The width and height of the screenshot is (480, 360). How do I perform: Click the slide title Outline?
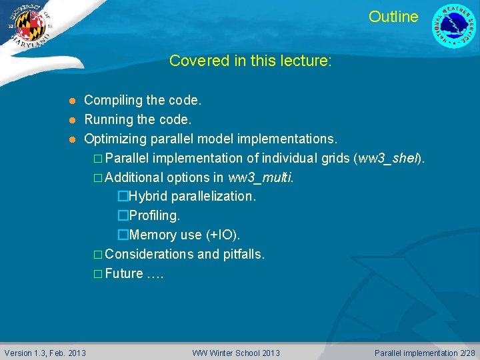[x=393, y=17]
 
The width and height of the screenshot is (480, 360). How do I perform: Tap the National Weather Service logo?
[x=455, y=26]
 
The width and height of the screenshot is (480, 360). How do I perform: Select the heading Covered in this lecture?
[x=250, y=61]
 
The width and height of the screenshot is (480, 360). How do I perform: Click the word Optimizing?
[x=115, y=139]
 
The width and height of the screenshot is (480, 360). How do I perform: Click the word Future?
[x=124, y=273]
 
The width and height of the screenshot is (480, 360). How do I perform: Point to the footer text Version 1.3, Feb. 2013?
[x=45, y=353]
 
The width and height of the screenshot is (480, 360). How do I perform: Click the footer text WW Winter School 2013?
[x=236, y=353]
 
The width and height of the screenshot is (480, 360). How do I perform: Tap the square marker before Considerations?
[x=98, y=255]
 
